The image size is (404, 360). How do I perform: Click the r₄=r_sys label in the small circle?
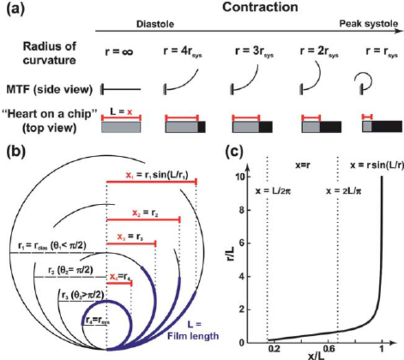tap(97, 322)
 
